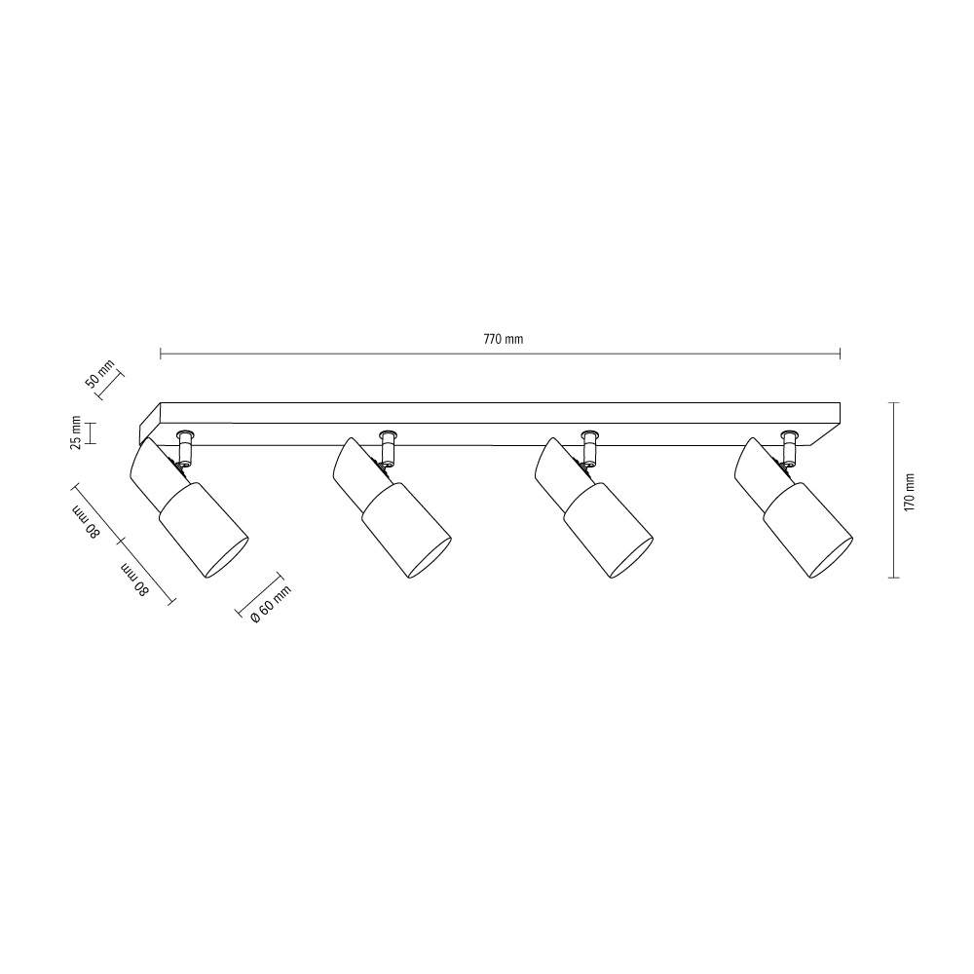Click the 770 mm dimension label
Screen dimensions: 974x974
(504, 339)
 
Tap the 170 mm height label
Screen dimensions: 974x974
(910, 492)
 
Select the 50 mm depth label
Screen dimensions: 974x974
(99, 373)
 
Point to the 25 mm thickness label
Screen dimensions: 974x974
(75, 431)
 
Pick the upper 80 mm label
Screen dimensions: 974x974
(87, 523)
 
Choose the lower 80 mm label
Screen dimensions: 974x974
(135, 580)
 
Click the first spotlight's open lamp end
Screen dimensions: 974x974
(227, 558)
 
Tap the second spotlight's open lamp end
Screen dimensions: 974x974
(430, 558)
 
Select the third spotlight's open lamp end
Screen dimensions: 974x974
(631, 558)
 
